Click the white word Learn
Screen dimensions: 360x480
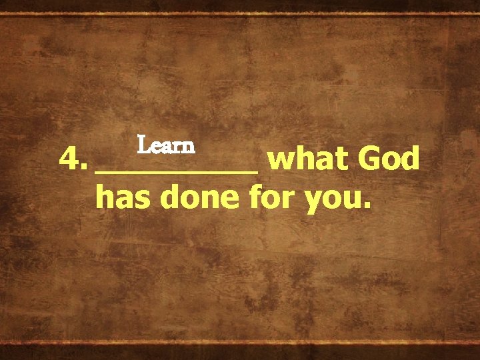pos(165,145)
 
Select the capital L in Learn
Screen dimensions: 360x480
pos(143,144)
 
